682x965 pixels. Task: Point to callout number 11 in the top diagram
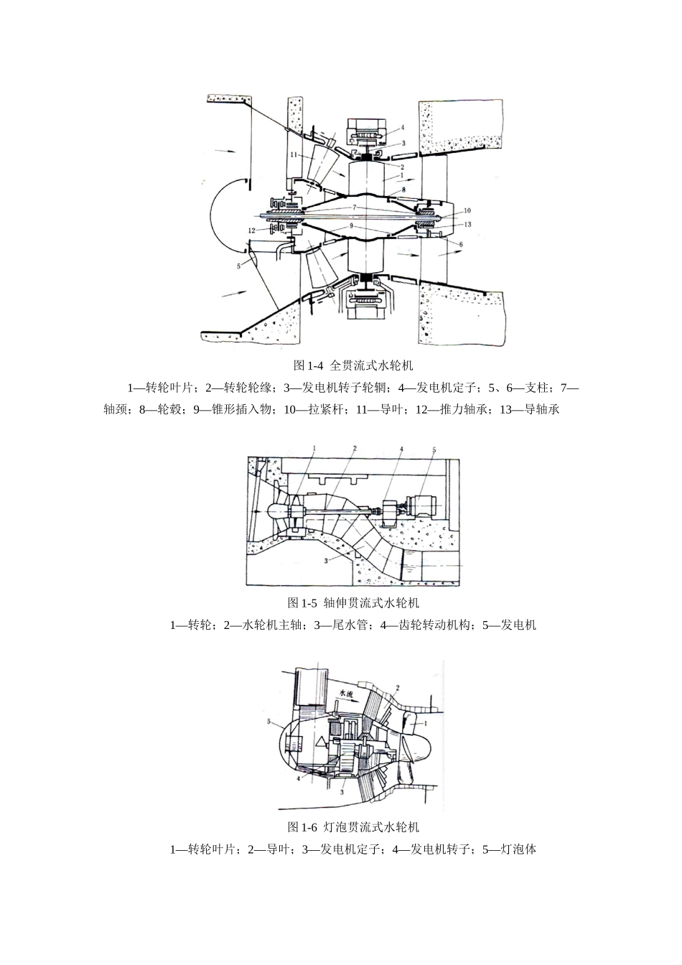294,154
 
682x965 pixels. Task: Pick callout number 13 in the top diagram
468,225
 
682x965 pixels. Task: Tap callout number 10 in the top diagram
467,210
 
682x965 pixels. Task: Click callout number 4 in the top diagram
403,127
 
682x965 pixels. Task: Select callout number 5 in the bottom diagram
269,721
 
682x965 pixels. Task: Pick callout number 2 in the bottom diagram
396,687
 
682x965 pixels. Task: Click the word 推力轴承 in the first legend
470,409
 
